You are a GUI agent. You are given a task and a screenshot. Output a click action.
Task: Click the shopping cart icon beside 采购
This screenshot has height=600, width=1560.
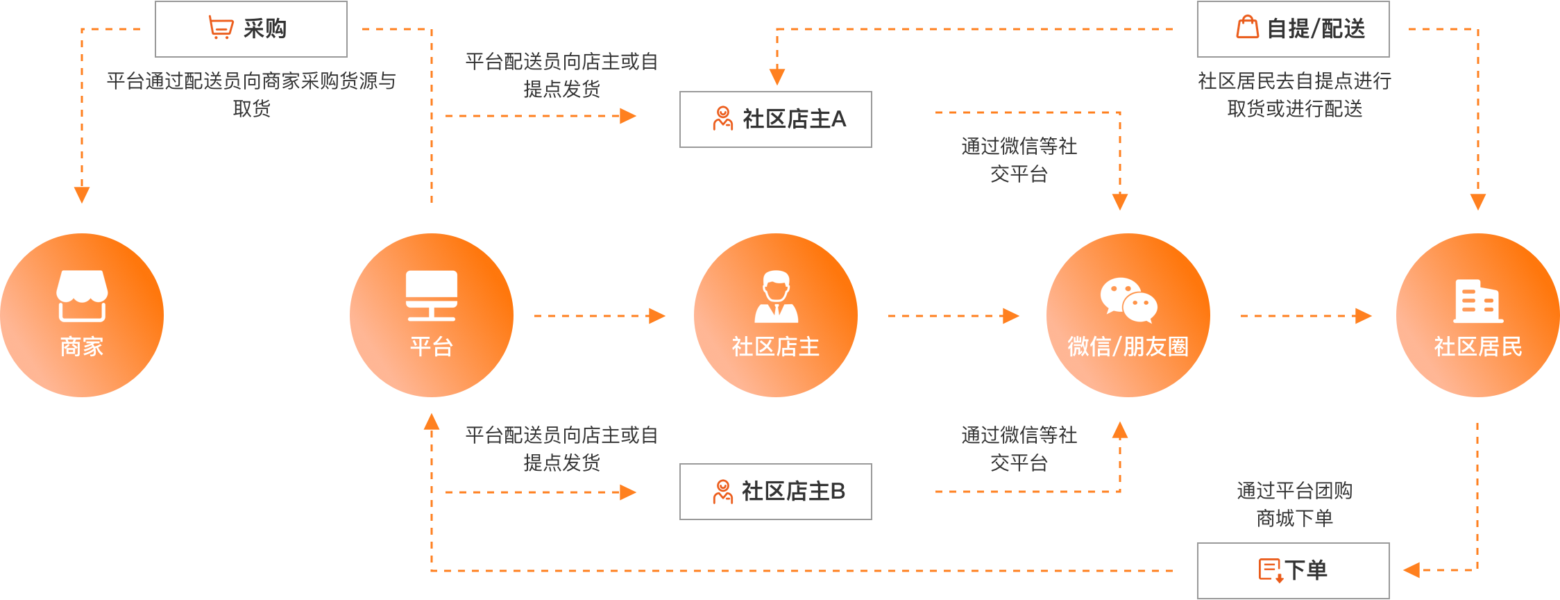pyautogui.click(x=221, y=28)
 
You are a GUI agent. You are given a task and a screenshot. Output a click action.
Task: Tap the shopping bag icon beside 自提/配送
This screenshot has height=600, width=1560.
pyautogui.click(x=1247, y=28)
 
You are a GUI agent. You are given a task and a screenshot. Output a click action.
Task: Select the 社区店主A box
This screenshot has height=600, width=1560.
pyautogui.click(x=775, y=119)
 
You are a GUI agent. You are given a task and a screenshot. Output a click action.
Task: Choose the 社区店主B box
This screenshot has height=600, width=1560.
pyautogui.click(x=775, y=492)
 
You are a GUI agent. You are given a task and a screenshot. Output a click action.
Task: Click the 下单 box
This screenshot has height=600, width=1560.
pyautogui.click(x=1293, y=570)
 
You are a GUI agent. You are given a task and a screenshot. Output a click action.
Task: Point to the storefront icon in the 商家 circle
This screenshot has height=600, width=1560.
pyautogui.click(x=82, y=296)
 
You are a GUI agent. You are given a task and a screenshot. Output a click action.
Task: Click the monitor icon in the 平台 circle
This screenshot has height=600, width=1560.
pyautogui.click(x=432, y=296)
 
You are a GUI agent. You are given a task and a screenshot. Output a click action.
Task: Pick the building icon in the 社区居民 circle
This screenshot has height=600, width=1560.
pyautogui.click(x=1478, y=301)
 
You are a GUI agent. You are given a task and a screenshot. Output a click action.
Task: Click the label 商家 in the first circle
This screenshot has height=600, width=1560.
pyautogui.click(x=82, y=347)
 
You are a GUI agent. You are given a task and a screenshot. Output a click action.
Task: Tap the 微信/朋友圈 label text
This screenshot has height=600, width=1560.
pyautogui.click(x=1128, y=347)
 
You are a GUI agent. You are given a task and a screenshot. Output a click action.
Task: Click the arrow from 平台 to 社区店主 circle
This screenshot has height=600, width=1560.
pyautogui.click(x=600, y=316)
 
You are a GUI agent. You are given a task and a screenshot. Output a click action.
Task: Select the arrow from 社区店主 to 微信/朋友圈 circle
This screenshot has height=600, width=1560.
pyautogui.click(x=953, y=316)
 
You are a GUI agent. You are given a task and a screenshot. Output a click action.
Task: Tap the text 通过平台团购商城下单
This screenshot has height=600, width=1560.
pyautogui.click(x=1294, y=505)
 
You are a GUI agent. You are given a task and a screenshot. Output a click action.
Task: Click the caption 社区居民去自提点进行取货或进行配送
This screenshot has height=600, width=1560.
pyautogui.click(x=1294, y=94)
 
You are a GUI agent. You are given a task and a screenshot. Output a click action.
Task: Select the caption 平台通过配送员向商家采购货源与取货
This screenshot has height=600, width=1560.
pyautogui.click(x=251, y=94)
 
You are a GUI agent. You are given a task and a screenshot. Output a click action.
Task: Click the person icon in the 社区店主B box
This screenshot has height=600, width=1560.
pyautogui.click(x=722, y=492)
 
